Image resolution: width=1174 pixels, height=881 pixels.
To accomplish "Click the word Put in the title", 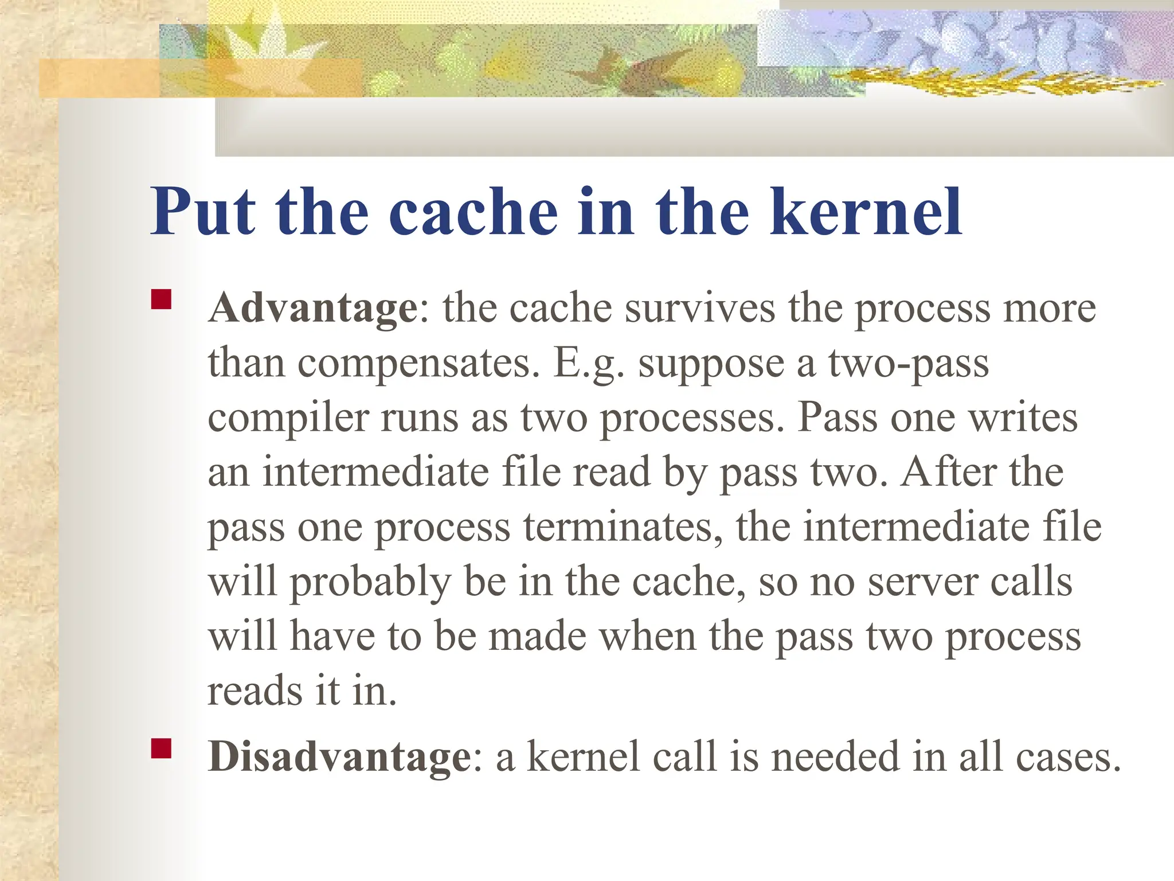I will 203,212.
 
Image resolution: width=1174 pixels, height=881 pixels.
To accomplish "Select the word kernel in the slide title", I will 866,212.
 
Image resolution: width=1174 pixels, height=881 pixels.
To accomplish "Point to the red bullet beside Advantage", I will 162,300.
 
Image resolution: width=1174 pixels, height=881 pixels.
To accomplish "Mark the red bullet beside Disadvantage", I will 162,749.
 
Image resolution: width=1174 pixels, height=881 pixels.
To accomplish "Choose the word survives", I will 700,309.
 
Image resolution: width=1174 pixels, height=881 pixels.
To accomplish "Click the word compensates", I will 418,363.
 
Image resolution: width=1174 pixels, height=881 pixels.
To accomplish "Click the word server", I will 923,582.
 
